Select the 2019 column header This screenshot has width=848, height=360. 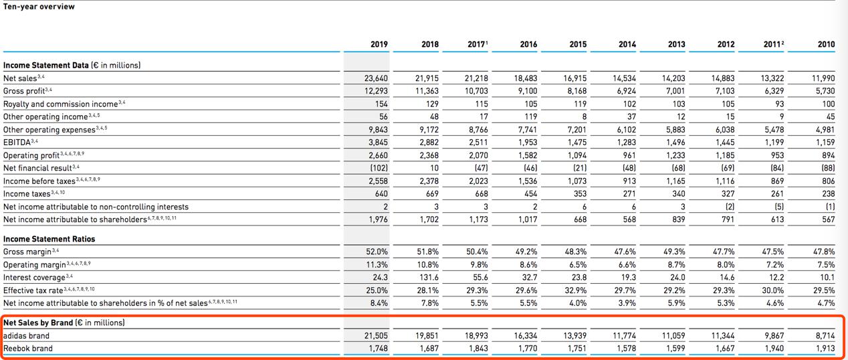pyautogui.click(x=379, y=44)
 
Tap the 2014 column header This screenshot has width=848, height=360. pyautogui.click(x=627, y=44)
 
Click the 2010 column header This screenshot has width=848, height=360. pyautogui.click(x=826, y=44)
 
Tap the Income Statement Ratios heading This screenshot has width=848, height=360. pyautogui.click(x=49, y=239)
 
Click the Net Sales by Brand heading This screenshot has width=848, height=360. pyautogui.click(x=64, y=323)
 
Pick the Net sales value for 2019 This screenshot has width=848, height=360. pyautogui.click(x=377, y=78)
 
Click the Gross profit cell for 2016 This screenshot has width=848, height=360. pyautogui.click(x=526, y=90)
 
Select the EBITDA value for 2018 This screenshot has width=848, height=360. pyautogui.click(x=428, y=142)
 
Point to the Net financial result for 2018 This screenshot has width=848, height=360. pyautogui.click(x=434, y=168)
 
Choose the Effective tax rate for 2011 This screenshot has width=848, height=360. pyautogui.click(x=774, y=290)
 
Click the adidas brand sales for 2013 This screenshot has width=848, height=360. pyautogui.click(x=674, y=335)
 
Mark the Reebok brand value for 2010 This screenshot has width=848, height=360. pyautogui.click(x=825, y=348)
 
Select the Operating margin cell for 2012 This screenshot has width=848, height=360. pyautogui.click(x=726, y=264)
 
